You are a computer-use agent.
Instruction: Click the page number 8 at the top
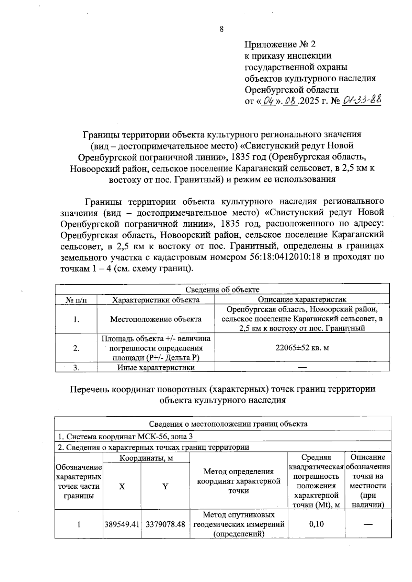coord(221,29)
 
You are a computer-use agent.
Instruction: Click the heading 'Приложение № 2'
coord(279,44)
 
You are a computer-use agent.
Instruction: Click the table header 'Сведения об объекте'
coord(222,289)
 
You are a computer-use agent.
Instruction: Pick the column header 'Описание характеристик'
coord(302,299)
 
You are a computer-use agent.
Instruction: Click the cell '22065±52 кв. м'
coord(302,348)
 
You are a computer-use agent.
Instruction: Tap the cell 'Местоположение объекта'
coord(156,319)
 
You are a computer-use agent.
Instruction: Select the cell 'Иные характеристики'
coord(156,367)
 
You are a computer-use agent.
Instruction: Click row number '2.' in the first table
coord(76,348)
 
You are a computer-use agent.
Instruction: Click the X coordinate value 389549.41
coord(122,524)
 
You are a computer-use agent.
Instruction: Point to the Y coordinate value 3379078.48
coord(165,524)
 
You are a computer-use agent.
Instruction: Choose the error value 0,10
coord(316,524)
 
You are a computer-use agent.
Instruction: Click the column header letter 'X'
coord(122,486)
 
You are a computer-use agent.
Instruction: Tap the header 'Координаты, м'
coord(146,458)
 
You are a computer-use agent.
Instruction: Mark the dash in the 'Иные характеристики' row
coord(302,367)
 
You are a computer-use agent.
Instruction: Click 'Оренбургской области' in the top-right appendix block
coord(291,90)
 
